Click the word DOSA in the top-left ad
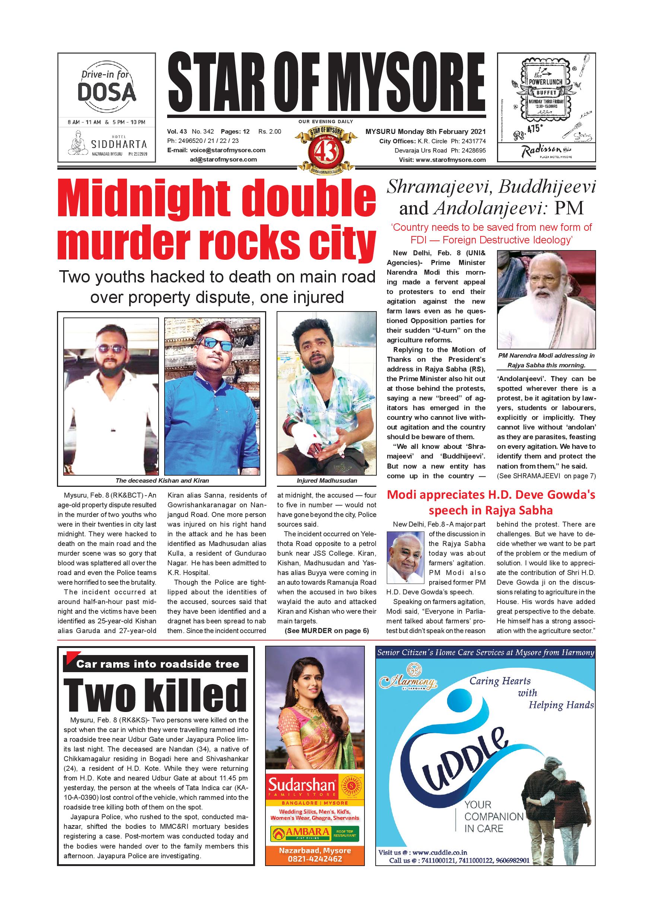click(x=106, y=93)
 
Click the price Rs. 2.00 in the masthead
click(x=270, y=131)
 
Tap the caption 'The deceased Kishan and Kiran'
click(x=162, y=480)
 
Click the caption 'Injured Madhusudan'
click(x=326, y=480)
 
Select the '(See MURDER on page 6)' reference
click(x=326, y=631)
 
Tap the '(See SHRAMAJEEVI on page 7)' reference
click(x=546, y=476)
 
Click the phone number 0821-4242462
click(x=315, y=859)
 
